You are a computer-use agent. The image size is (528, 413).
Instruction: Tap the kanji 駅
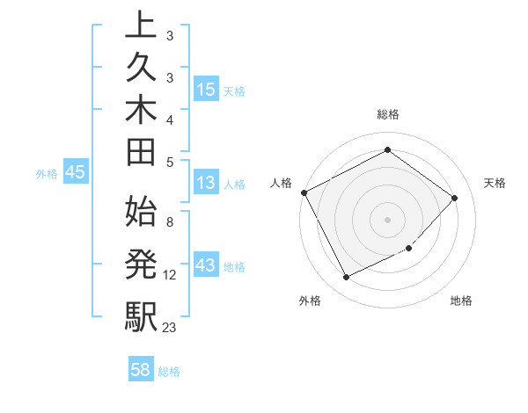click(141, 314)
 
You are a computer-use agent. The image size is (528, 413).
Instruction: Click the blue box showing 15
click(206, 90)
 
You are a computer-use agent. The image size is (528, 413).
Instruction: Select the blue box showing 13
click(205, 184)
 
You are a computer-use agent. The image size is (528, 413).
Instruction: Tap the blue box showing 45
click(75, 173)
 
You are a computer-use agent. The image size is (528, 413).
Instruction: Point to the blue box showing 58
click(141, 371)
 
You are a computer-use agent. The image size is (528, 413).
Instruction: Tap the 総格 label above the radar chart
click(388, 114)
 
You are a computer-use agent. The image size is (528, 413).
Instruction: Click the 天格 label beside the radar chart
click(495, 183)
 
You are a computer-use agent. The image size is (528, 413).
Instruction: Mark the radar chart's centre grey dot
click(388, 219)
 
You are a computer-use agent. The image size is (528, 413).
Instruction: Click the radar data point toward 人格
click(304, 192)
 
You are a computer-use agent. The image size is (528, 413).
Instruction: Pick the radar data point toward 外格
click(346, 278)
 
